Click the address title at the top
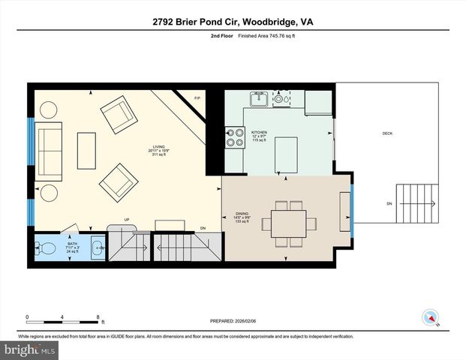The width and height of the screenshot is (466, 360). [x=232, y=22]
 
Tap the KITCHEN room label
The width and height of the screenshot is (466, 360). [x=259, y=132]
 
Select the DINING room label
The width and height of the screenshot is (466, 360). [x=242, y=214]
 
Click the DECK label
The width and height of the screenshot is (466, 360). [x=387, y=133]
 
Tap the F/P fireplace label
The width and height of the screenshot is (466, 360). [x=197, y=99]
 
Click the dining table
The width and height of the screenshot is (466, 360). [x=288, y=223]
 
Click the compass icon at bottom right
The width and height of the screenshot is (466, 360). [x=430, y=316]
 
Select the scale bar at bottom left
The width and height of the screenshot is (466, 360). [x=63, y=316]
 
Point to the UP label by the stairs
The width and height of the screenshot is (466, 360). [x=128, y=220]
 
